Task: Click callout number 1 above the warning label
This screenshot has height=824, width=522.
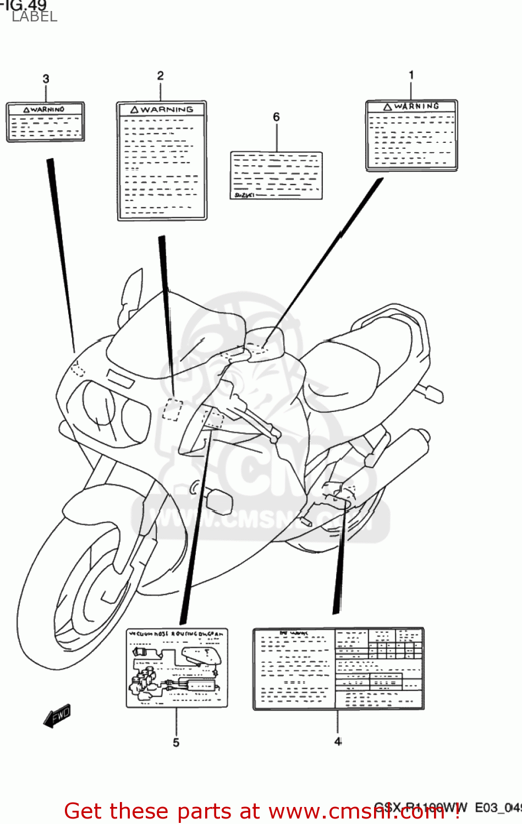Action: tap(411, 75)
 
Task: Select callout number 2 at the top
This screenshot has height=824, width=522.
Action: tap(160, 76)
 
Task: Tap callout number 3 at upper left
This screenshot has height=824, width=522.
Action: tap(46, 79)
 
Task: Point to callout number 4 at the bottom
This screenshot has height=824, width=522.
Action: tap(338, 741)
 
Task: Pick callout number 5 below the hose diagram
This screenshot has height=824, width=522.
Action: tap(176, 742)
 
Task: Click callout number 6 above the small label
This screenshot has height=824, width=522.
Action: tap(276, 117)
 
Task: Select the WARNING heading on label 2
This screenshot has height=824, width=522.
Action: tap(166, 110)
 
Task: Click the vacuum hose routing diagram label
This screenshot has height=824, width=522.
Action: tap(177, 667)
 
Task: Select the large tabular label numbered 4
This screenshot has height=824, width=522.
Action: tap(338, 669)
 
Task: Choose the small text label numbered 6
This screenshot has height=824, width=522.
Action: tap(276, 175)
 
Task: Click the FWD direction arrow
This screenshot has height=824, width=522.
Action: tap(57, 716)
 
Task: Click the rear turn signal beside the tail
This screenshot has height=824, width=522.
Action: tap(431, 393)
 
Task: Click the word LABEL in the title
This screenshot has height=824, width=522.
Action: tap(34, 16)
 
